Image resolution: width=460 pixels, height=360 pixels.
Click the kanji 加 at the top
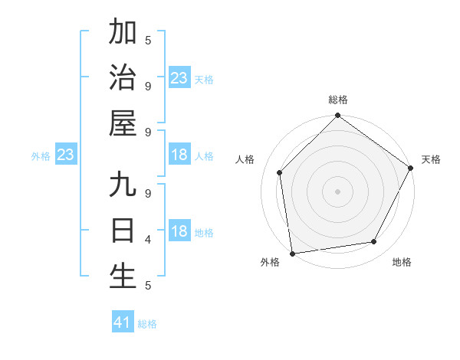(x=123, y=33)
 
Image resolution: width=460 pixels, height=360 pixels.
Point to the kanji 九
(x=123, y=185)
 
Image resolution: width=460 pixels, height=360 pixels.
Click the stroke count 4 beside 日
(x=148, y=240)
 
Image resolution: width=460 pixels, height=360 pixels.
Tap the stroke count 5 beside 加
(x=148, y=41)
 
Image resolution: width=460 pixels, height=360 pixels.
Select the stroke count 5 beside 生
(x=148, y=286)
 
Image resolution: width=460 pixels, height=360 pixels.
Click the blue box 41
(x=123, y=322)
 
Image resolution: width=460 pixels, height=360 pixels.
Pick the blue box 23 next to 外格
(x=66, y=155)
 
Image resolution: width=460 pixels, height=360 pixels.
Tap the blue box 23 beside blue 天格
(x=179, y=77)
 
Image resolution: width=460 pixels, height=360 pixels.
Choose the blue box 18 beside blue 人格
(x=179, y=155)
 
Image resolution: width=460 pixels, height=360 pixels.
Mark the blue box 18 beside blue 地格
(x=179, y=232)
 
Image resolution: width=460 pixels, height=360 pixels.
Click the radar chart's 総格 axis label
(x=338, y=100)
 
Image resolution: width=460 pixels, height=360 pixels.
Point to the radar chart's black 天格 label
(x=432, y=159)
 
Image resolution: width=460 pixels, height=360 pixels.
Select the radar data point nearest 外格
(x=292, y=253)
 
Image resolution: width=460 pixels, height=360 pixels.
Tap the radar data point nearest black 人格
(x=280, y=172)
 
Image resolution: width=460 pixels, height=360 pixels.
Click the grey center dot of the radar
(x=338, y=191)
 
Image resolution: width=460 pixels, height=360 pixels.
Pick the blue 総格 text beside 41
(x=147, y=324)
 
